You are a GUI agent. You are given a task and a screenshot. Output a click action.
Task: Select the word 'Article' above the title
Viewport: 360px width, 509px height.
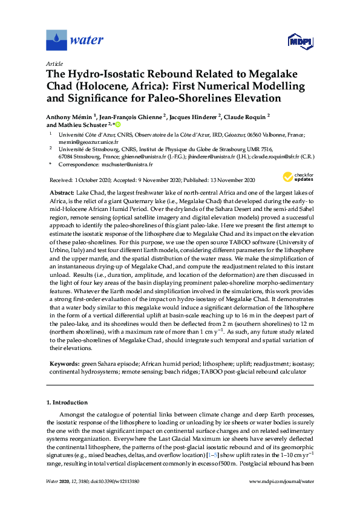click(54, 63)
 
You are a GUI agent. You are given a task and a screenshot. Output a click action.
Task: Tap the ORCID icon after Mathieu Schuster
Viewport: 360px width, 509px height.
click(119, 125)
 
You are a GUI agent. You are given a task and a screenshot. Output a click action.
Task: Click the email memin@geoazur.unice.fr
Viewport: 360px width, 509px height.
click(81, 143)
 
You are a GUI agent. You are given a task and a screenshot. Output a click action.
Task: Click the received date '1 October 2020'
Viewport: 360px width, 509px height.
click(97, 180)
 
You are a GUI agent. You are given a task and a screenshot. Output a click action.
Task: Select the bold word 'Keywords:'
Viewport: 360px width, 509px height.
click(65, 364)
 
